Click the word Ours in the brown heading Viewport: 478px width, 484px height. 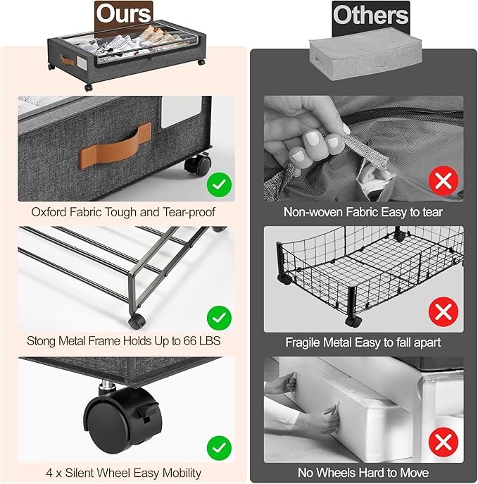123,14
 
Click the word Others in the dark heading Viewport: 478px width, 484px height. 370,15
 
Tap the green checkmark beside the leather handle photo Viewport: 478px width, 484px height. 219,185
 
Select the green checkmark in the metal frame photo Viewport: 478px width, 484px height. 219,318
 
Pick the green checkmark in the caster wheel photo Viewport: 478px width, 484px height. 219,448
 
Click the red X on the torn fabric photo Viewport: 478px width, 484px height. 443,180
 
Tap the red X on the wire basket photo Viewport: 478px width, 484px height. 443,312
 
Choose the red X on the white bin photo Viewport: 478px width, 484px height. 443,442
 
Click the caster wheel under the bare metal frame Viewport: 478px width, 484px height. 137,321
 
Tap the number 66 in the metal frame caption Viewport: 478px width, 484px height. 189,341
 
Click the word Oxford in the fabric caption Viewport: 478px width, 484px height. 49,212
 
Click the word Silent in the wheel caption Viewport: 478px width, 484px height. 82,473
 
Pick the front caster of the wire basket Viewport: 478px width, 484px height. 353,321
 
